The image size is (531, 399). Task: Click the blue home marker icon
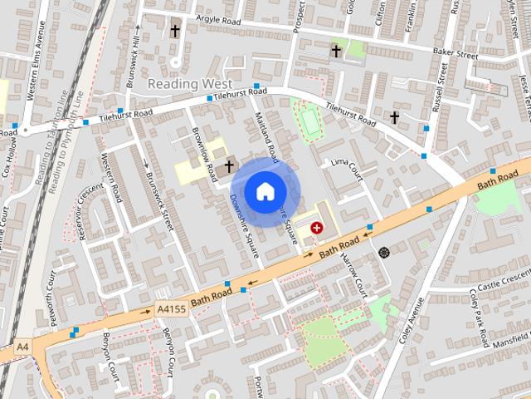click(264, 191)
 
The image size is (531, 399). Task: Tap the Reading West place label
click(184, 84)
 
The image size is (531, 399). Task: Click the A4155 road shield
click(171, 309)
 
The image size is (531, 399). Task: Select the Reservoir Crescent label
click(83, 213)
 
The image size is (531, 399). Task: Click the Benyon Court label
click(170, 352)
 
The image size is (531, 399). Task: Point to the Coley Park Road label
click(479, 317)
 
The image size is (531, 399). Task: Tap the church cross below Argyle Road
click(175, 32)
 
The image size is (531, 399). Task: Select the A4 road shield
click(22, 347)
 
